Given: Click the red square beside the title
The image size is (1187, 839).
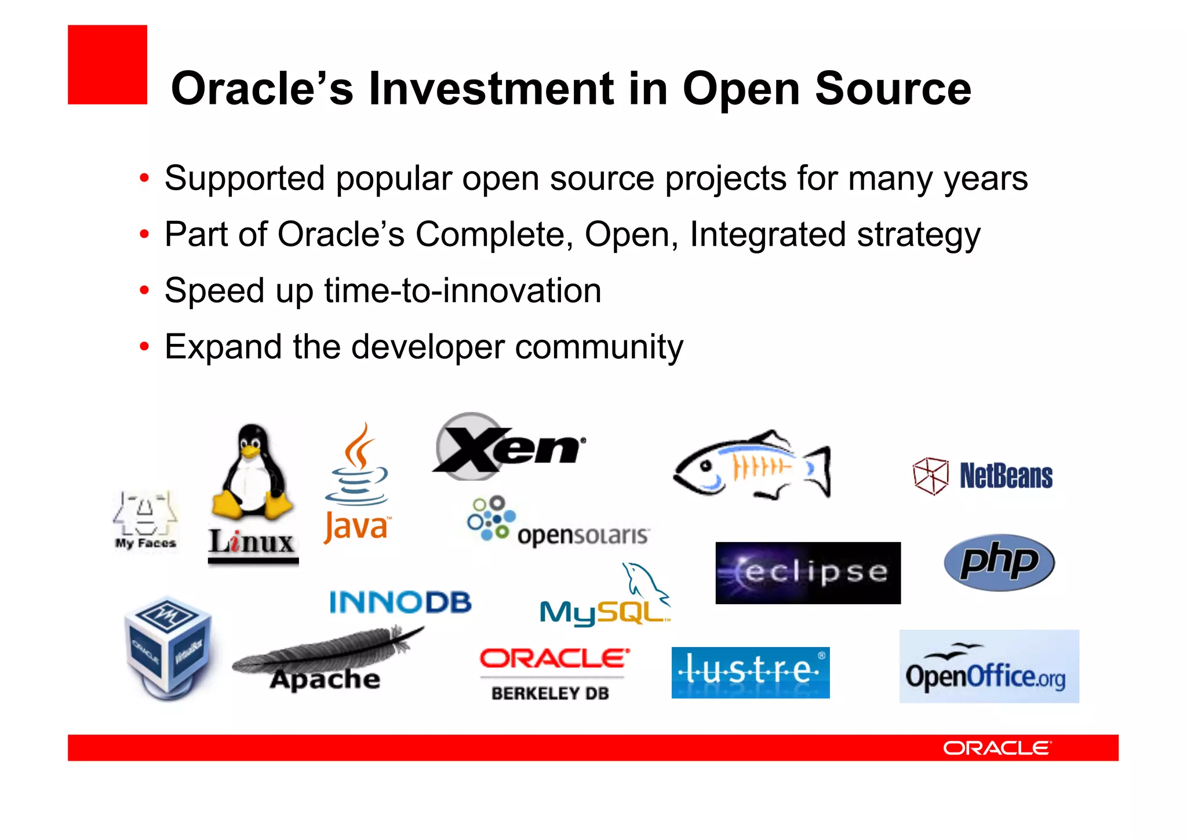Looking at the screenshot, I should point(107,64).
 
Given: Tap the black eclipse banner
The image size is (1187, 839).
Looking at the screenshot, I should point(807,573).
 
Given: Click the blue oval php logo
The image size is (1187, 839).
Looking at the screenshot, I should point(999,562).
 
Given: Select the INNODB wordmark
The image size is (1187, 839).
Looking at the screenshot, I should point(400,602).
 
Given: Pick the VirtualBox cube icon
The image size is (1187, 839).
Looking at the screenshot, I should point(168,646).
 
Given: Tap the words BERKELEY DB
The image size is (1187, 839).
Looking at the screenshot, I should point(550,693).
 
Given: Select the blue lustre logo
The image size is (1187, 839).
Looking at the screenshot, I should point(750,673).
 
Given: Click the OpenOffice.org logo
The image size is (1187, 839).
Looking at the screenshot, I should point(988,667).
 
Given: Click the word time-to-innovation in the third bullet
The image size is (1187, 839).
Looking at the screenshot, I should point(463,290).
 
